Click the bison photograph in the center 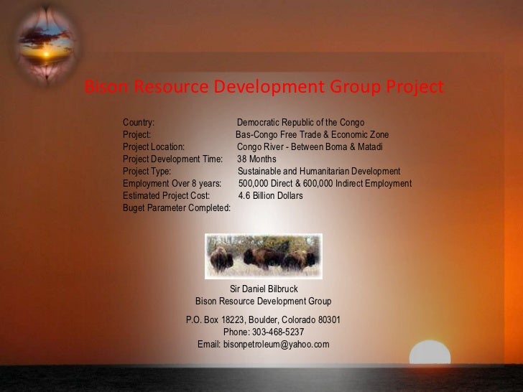(x=263, y=256)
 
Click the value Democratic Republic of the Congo (x=300, y=122)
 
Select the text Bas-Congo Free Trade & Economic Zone (x=312, y=135)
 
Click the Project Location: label (x=154, y=147)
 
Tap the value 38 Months (x=256, y=159)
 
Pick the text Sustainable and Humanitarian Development (x=319, y=172)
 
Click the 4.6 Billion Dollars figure (x=270, y=195)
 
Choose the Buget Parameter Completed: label (x=177, y=207)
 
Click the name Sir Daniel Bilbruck (x=263, y=289)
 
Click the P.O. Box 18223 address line (x=263, y=320)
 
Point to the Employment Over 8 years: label (x=172, y=184)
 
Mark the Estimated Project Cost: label (x=166, y=195)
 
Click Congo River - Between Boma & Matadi (x=310, y=147)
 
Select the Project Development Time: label (x=172, y=159)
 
